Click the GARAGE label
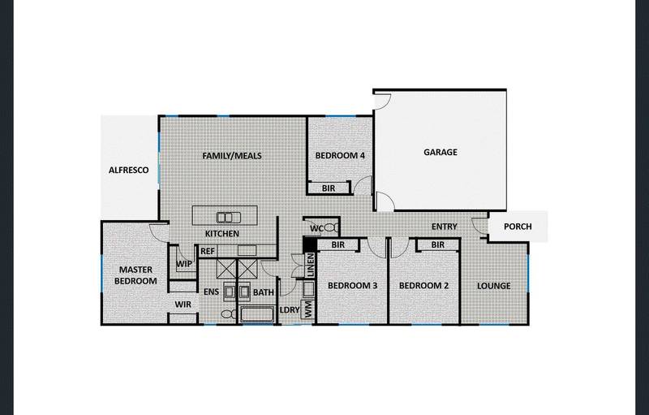pyautogui.click(x=441, y=152)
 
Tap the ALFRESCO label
pyautogui.click(x=128, y=171)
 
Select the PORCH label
pyautogui.click(x=518, y=227)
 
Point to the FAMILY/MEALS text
pyautogui.click(x=231, y=156)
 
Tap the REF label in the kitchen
pyautogui.click(x=208, y=252)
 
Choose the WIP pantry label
pyautogui.click(x=183, y=264)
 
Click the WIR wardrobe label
pyautogui.click(x=183, y=305)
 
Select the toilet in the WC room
pyautogui.click(x=329, y=230)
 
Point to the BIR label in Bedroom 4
pyautogui.click(x=329, y=188)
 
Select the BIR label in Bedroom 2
pyautogui.click(x=437, y=244)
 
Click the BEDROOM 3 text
pyautogui.click(x=353, y=286)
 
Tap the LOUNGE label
pyautogui.click(x=493, y=286)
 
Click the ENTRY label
pyautogui.click(x=445, y=227)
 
